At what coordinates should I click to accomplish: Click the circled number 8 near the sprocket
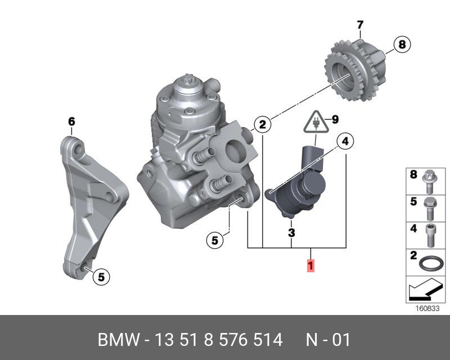(402, 44)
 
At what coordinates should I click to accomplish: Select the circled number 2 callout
(262, 124)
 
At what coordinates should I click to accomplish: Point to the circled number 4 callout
(346, 142)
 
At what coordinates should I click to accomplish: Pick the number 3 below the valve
(291, 232)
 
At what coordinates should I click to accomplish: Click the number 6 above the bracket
(71, 121)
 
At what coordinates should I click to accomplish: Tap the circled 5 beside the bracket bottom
(101, 276)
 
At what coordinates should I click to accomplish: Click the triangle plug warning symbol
(316, 123)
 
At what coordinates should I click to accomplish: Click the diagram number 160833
(426, 309)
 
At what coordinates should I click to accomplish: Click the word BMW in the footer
(117, 340)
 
